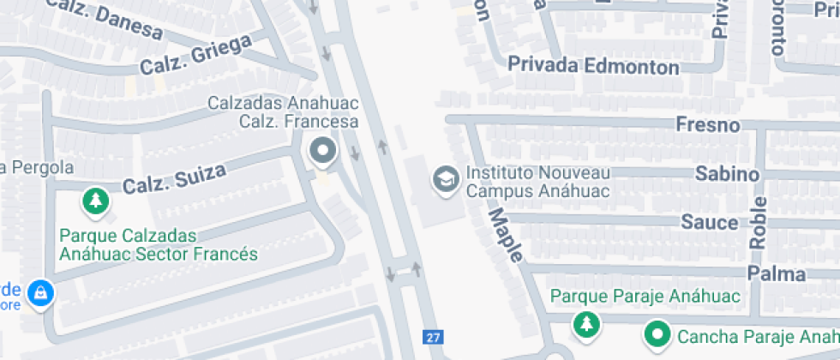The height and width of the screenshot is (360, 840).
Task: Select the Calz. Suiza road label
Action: point(175,178)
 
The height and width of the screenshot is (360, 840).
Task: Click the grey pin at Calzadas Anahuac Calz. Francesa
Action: point(323,152)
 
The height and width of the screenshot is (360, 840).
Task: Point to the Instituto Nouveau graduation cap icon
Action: point(445,180)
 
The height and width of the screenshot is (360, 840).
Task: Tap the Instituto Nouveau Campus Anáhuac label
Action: point(537,182)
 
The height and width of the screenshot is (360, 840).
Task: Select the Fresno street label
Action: point(707,125)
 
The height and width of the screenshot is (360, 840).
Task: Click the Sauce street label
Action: point(709,223)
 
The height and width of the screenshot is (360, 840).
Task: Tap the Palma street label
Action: point(776,274)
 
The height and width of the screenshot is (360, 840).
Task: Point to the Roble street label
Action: point(758,219)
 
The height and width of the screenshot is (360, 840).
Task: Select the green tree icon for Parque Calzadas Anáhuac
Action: point(95,202)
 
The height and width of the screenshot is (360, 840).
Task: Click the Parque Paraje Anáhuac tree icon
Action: point(587,324)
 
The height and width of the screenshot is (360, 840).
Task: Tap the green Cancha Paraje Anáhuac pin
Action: point(657,333)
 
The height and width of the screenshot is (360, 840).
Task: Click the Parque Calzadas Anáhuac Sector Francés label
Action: point(158,244)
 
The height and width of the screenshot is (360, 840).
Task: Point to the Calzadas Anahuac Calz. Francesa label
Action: point(283,111)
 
